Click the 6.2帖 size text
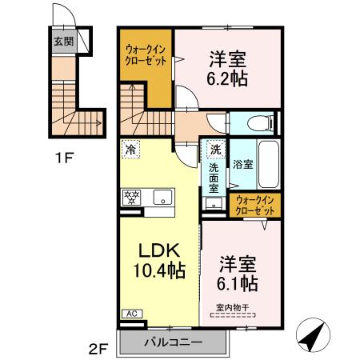click(x=229, y=78)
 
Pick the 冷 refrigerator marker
click(x=130, y=149)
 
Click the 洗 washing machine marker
click(x=215, y=149)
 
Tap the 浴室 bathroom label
click(x=243, y=165)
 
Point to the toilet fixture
click(x=256, y=123)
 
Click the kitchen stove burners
click(x=130, y=196)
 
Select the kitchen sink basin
click(x=163, y=196)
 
